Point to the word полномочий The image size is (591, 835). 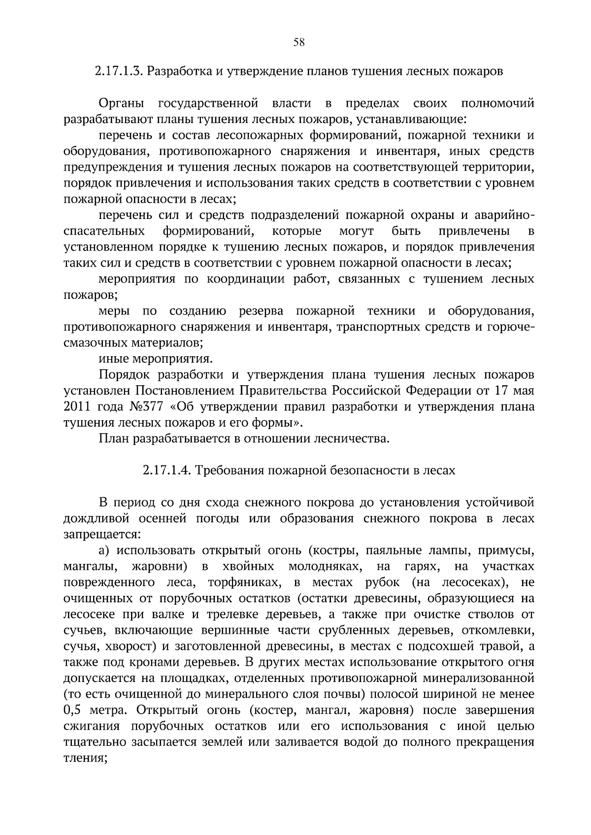click(497, 104)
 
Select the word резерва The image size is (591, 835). click(261, 311)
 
